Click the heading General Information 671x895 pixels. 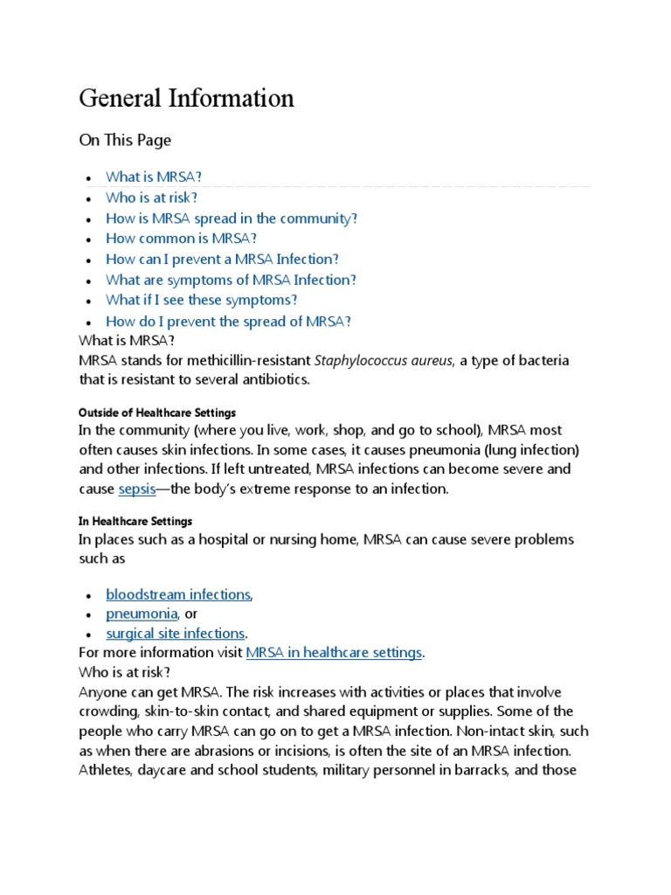point(186,99)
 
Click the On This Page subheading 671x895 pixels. point(125,140)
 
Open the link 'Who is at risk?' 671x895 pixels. point(151,198)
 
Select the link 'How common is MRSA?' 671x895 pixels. point(182,239)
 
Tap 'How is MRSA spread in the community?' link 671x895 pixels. point(232,219)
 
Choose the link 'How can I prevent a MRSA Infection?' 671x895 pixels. point(222,260)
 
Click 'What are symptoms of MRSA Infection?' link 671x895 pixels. point(231,280)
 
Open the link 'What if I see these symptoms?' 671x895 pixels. point(201,300)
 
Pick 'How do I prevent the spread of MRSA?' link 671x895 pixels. point(228,321)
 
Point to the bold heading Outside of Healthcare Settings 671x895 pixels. point(157,412)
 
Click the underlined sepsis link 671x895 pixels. point(136,489)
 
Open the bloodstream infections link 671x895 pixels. point(178,594)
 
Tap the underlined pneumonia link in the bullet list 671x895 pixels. point(142,614)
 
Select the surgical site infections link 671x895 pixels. point(176,634)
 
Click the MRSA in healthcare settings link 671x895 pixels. point(334,653)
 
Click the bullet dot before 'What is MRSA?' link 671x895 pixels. point(88,178)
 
